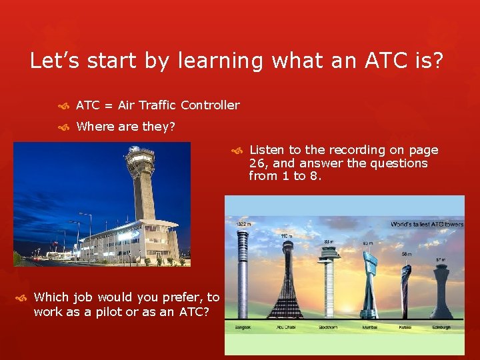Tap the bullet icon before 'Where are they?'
pos(64,127)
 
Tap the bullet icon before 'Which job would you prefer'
pos(21,297)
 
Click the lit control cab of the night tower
pos(140,158)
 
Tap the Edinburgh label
pos(441,327)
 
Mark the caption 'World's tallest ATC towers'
pos(427,224)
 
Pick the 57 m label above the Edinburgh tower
pos(441,259)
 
